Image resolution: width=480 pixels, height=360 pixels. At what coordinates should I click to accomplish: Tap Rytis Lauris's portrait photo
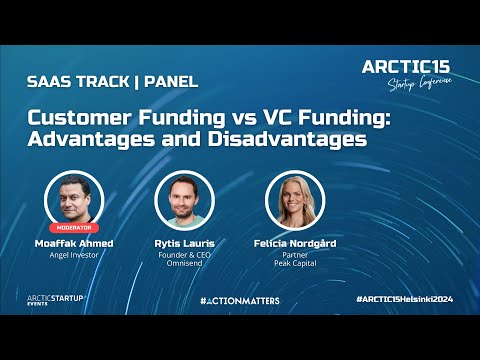click(184, 200)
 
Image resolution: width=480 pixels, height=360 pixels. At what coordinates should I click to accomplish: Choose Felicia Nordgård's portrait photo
click(294, 200)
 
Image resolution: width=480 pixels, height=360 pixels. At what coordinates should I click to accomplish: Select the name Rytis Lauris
click(184, 243)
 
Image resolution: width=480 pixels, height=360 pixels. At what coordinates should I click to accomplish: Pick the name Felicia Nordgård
click(294, 243)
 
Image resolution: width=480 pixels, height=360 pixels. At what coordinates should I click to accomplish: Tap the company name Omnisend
click(184, 264)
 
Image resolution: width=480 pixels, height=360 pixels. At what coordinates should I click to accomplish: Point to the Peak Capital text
click(294, 264)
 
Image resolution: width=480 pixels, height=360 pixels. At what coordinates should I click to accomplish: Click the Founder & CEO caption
click(184, 255)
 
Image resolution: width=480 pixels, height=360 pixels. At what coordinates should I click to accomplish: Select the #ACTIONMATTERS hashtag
click(239, 300)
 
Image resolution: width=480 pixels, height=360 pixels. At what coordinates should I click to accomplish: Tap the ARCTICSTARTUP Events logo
click(54, 300)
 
